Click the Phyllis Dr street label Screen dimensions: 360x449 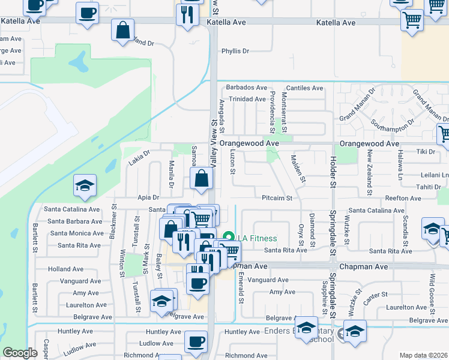click(x=235, y=51)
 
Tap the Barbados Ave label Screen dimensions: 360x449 click(x=246, y=88)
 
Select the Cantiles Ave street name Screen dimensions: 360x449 click(x=304, y=88)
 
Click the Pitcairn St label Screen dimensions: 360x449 click(x=277, y=197)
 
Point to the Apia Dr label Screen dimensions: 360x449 click(x=148, y=197)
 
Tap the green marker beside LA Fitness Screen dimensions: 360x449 click(x=228, y=238)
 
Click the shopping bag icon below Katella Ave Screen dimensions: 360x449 click(x=123, y=31)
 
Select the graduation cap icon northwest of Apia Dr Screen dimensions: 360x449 click(x=84, y=186)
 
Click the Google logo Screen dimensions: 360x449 click(x=20, y=353)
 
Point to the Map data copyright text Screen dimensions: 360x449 click(x=423, y=355)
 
